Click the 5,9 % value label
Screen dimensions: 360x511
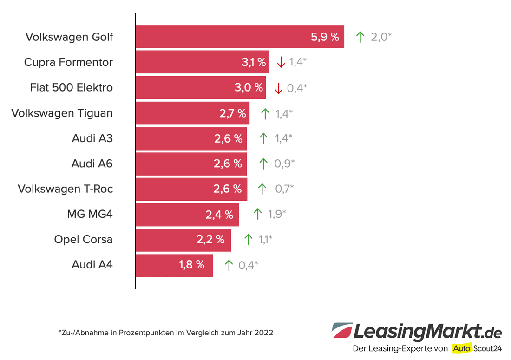tap(325, 37)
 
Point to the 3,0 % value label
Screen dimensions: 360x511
tap(249, 88)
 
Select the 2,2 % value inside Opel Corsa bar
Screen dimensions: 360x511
tap(210, 240)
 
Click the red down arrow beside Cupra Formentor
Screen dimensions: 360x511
tap(281, 62)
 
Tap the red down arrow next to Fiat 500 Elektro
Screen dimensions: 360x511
tap(278, 88)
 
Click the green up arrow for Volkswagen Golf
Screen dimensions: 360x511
tap(360, 37)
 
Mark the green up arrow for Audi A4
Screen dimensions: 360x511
tap(228, 265)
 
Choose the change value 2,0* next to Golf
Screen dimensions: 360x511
tap(381, 37)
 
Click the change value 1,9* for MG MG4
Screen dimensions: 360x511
tap(276, 214)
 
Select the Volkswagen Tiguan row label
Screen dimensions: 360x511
tap(62, 113)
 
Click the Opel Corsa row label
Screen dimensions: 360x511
tap(83, 240)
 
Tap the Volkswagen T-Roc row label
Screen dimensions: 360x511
tap(65, 189)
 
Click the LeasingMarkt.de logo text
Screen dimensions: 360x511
tap(427, 332)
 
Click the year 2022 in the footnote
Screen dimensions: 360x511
tap(264, 333)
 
